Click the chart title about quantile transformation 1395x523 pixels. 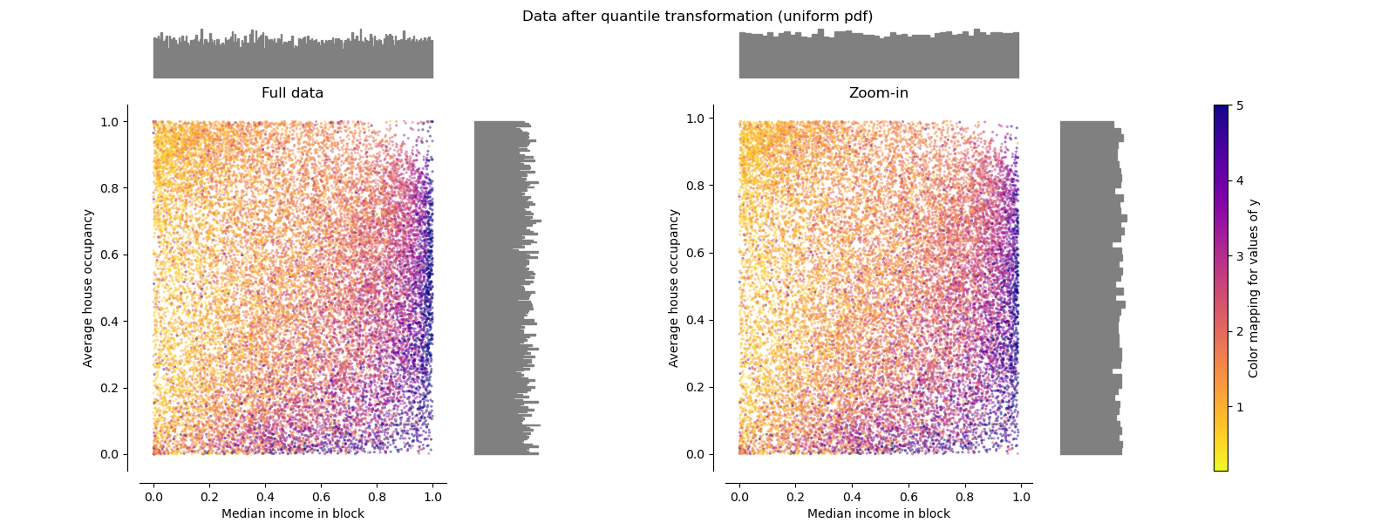coord(697,17)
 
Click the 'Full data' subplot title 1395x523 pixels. coord(292,93)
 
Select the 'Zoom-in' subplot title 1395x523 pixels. coord(878,93)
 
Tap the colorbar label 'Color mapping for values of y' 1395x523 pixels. coord(1254,289)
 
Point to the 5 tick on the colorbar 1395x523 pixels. coord(1240,105)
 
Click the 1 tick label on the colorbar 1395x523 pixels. coord(1240,407)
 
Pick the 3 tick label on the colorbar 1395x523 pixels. coord(1240,256)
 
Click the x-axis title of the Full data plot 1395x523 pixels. coord(292,513)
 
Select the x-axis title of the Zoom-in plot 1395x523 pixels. coord(878,513)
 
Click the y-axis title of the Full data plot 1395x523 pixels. coord(88,288)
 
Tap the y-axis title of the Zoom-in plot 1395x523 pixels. coord(674,288)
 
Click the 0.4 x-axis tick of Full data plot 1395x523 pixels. coord(265,497)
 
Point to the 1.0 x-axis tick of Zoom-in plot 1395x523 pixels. coord(1021,497)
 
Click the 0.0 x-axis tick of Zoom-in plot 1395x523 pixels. coord(739,497)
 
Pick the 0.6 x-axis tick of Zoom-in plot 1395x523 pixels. coord(908,497)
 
